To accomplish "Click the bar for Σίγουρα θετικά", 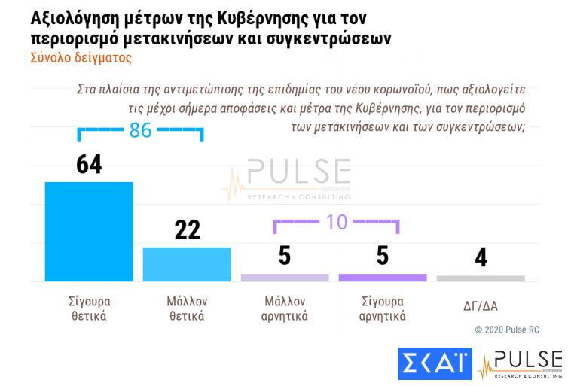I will (89, 231).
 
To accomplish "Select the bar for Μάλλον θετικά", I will (187, 263).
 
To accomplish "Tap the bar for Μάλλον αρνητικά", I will (285, 278).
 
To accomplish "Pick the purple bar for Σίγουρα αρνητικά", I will (383, 278).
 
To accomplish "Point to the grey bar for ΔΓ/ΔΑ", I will (481, 278).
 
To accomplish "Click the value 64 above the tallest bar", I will (89, 164).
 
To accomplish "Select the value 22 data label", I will (187, 229).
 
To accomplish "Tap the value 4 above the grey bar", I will (481, 257).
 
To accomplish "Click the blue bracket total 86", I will (140, 130).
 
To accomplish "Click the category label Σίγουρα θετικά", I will (89, 308).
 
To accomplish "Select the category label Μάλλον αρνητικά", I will (285, 308).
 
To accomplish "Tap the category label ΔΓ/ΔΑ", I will (481, 306).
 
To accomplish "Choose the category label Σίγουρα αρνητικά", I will (383, 308).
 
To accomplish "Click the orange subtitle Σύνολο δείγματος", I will (81, 56).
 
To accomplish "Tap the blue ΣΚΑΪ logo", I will (434, 364).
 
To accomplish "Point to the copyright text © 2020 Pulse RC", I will (507, 330).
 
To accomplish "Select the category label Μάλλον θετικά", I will (187, 308).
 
